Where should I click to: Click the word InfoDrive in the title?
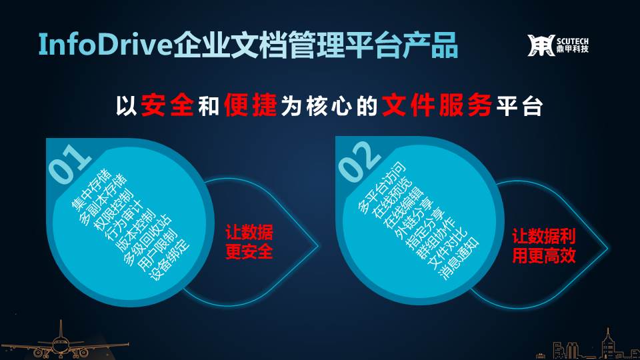click(105, 44)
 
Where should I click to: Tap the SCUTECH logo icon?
click(541, 45)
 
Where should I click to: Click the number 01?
click(69, 164)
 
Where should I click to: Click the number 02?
click(359, 161)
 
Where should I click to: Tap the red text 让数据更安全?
click(249, 242)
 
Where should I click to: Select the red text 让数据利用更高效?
click(544, 246)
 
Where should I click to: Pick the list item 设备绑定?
click(169, 259)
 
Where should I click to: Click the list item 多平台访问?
click(381, 187)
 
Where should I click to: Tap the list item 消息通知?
click(459, 258)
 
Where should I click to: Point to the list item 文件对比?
click(447, 248)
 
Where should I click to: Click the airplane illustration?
click(61, 341)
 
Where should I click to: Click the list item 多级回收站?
click(147, 240)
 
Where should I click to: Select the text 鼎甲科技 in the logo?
click(573, 49)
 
